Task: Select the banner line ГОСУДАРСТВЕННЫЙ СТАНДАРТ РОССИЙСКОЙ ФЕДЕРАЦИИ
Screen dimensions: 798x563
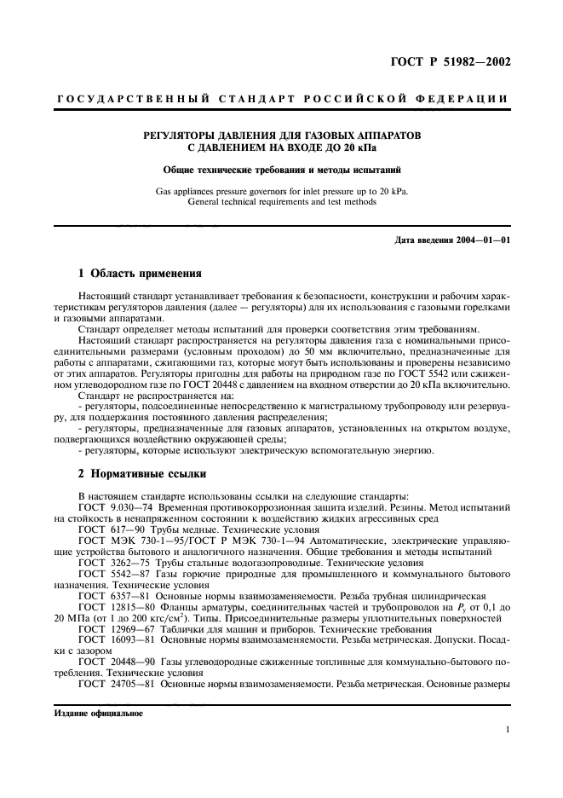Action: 282,99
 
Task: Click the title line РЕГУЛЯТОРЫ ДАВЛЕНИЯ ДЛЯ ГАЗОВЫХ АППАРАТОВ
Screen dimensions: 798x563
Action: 281,135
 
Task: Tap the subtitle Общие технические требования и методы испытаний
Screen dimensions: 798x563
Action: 281,169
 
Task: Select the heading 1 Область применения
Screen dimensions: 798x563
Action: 139,274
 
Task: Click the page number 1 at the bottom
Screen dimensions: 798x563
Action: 506,730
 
